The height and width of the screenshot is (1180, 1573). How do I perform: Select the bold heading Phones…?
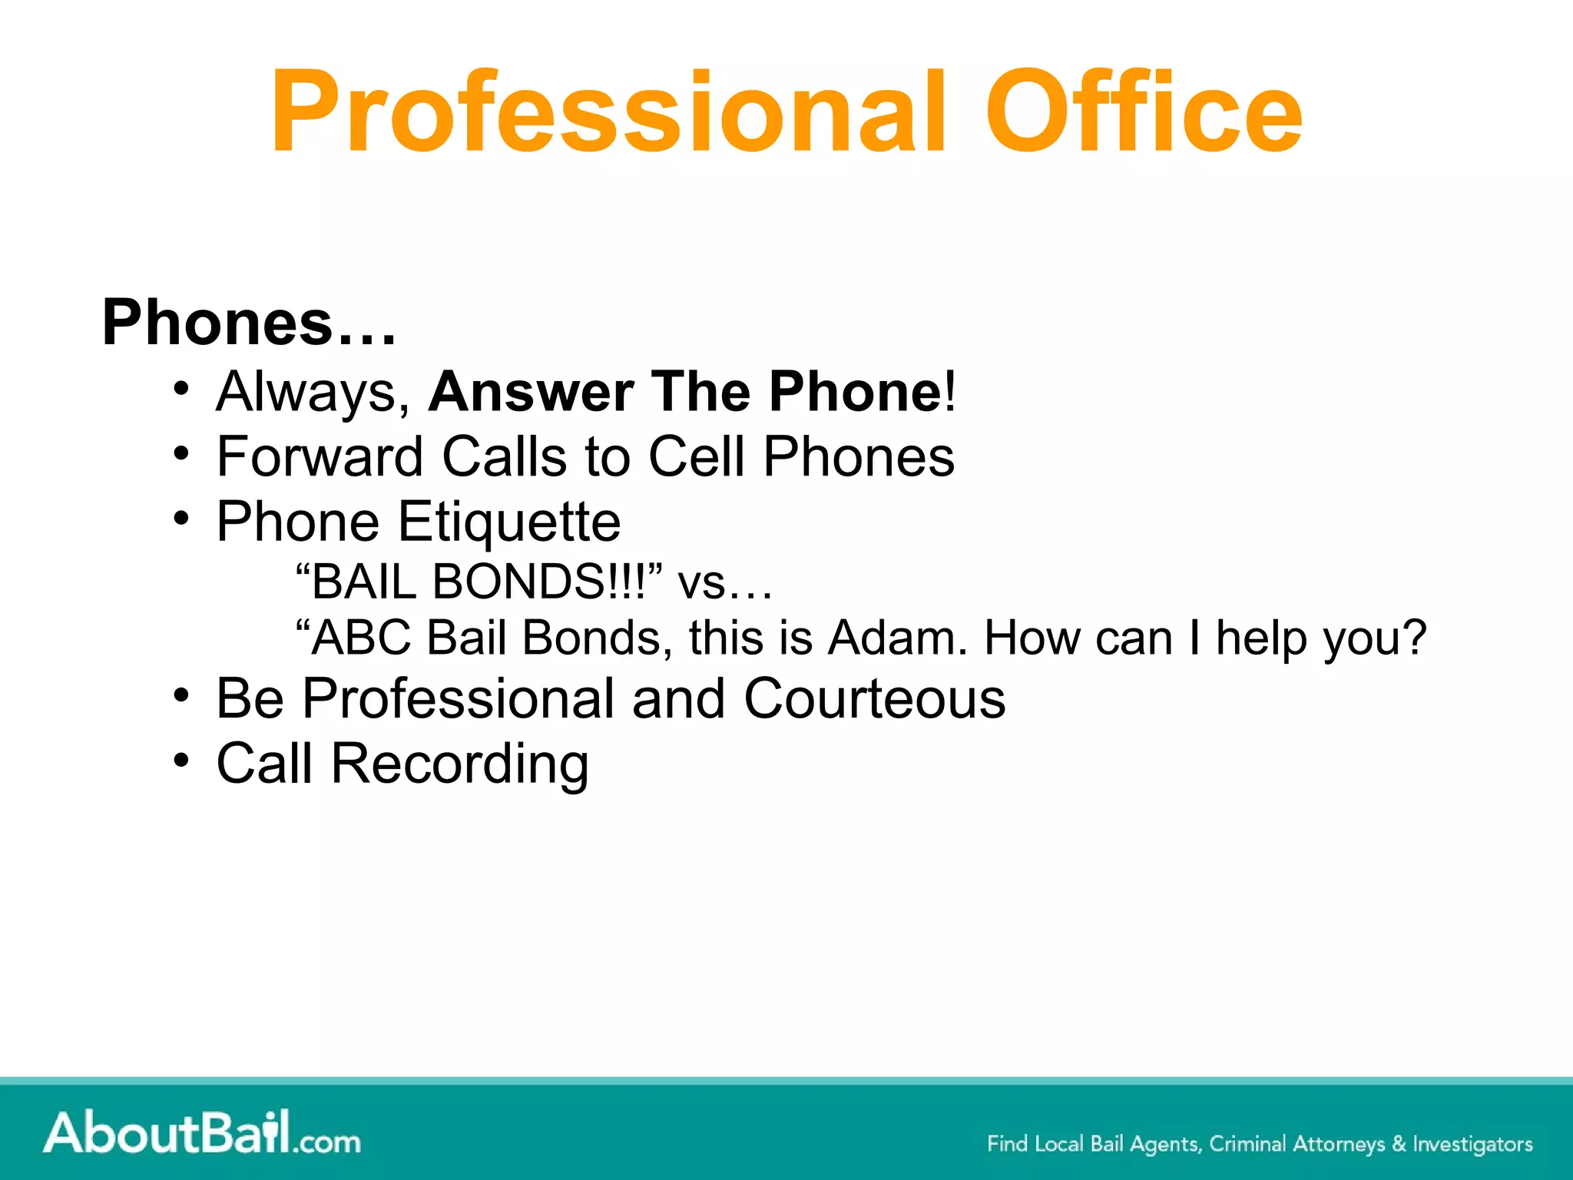[x=249, y=323]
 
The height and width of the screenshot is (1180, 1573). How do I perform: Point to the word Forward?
[x=320, y=457]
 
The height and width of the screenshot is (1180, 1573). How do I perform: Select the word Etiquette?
[x=508, y=522]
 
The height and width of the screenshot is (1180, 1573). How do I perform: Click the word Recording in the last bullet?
[x=459, y=764]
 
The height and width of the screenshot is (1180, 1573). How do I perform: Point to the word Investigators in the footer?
[x=1472, y=1144]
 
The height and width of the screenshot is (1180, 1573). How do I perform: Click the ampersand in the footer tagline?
[x=1399, y=1144]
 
